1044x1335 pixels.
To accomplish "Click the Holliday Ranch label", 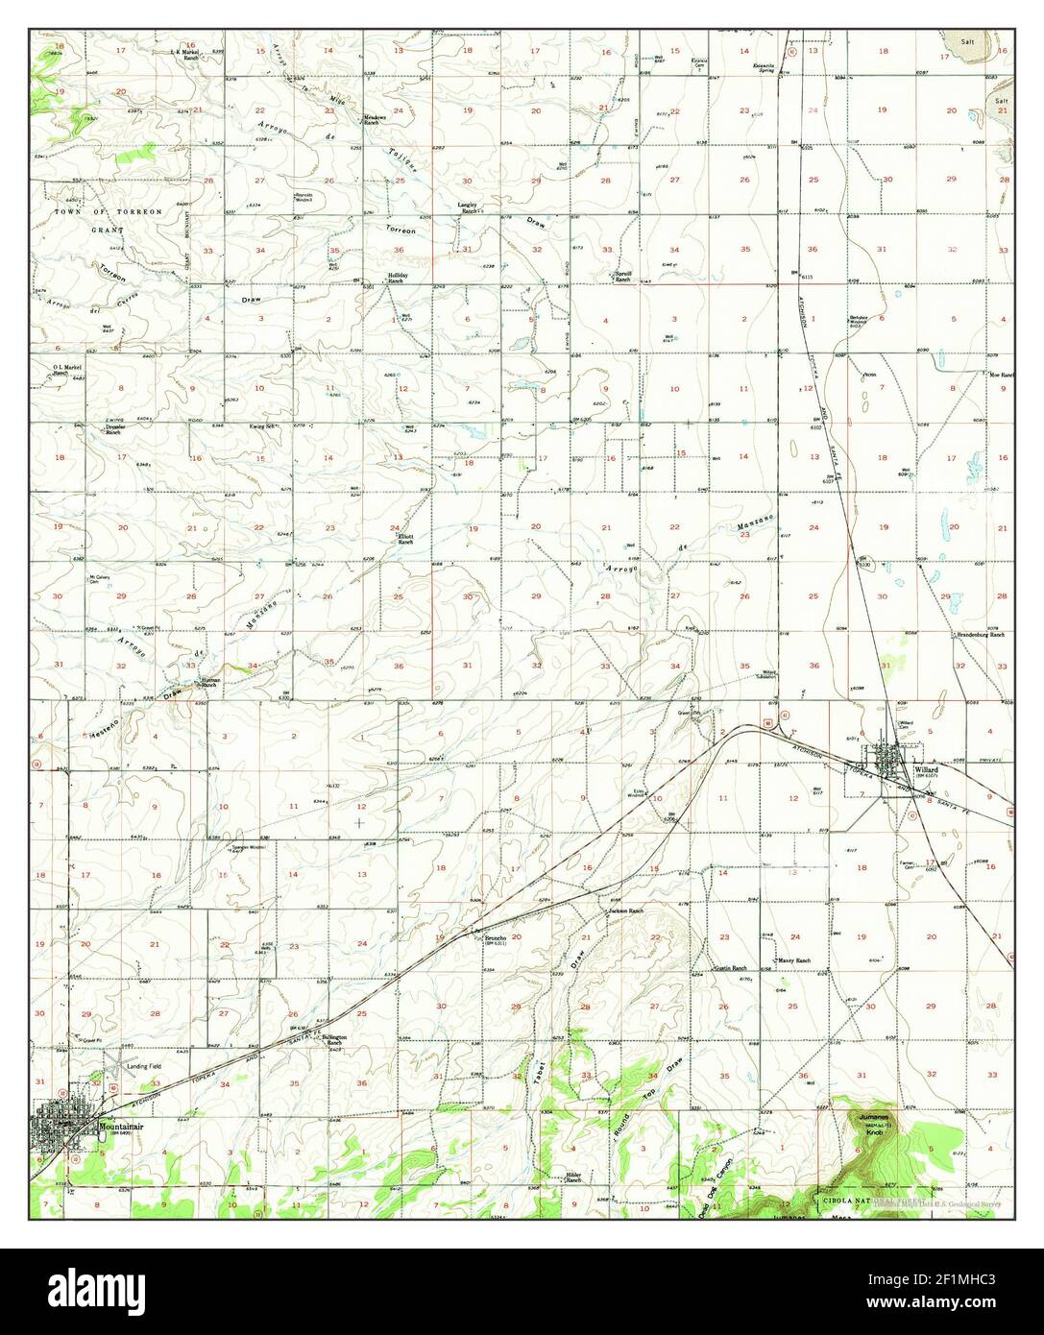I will point(399,278).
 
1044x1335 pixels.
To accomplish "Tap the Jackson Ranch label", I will point(624,910).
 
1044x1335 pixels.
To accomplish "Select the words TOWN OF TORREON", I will point(94,210).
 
